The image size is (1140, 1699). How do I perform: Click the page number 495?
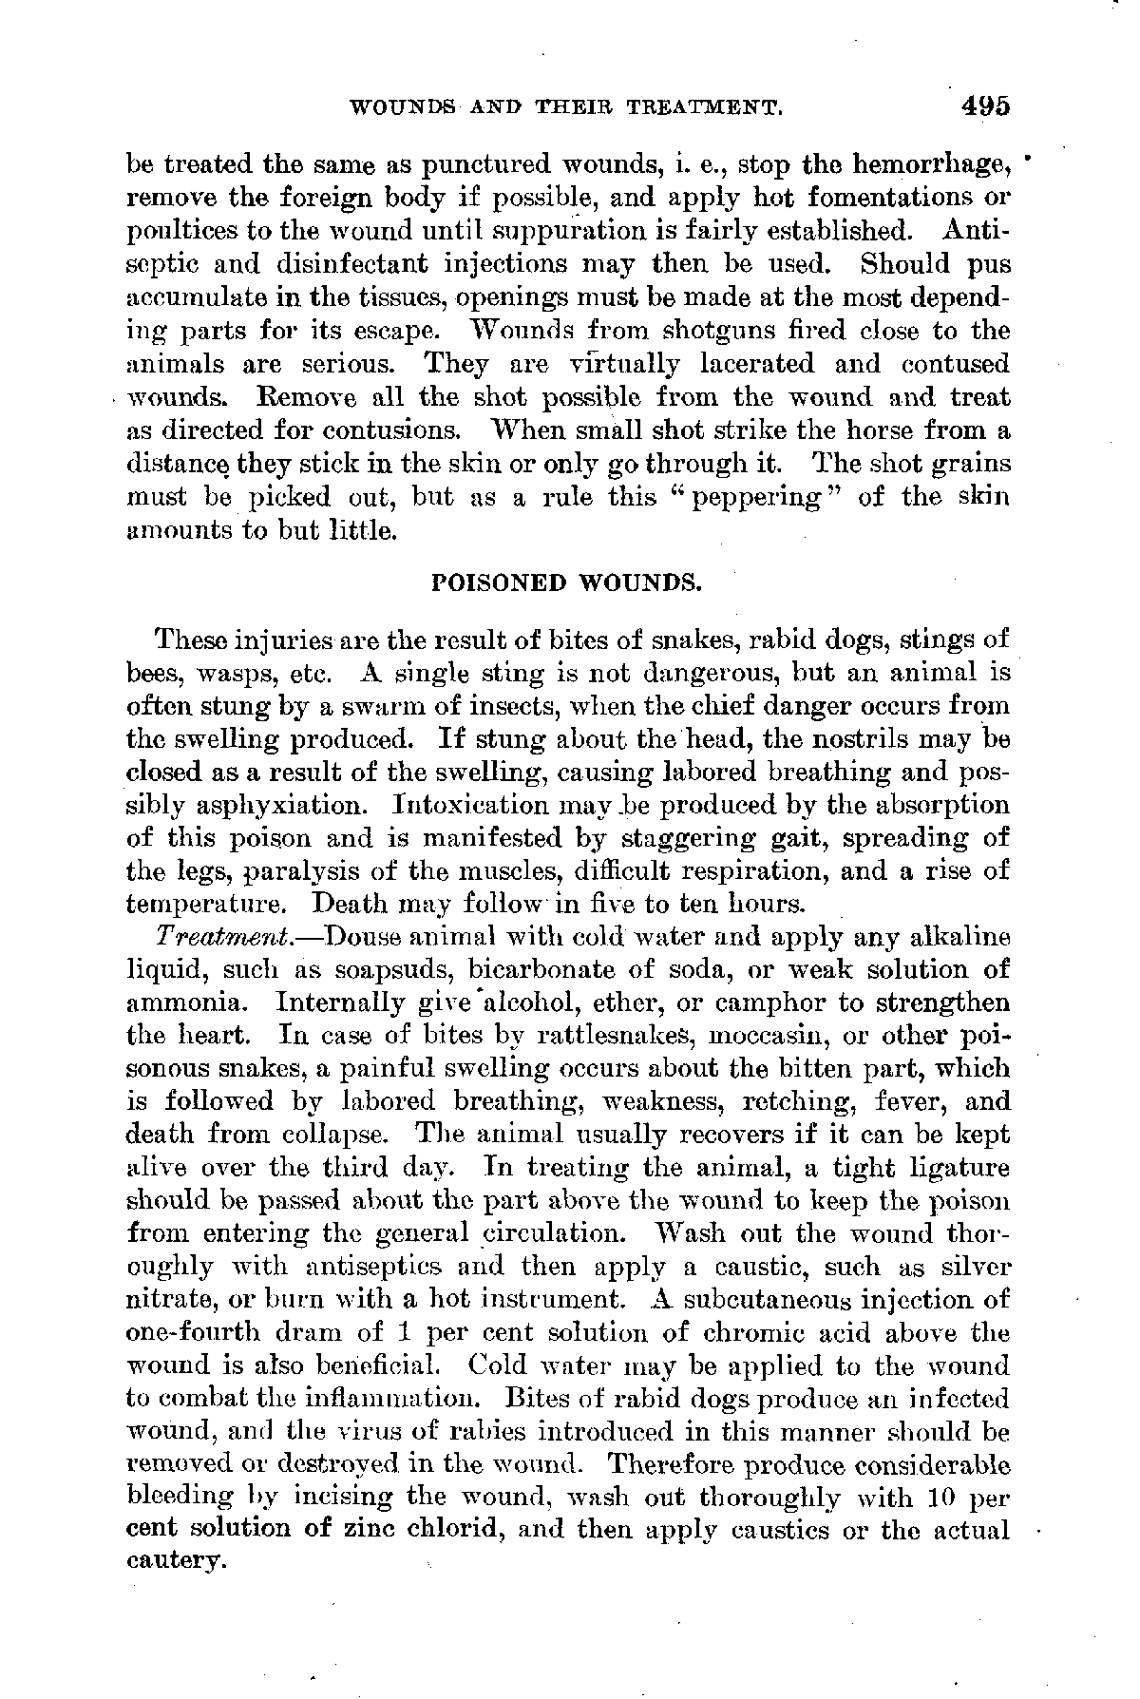click(984, 105)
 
